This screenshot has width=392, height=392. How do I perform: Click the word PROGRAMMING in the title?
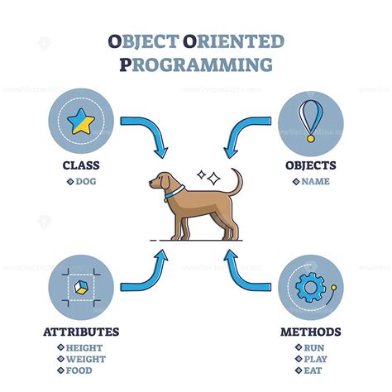pos(196,64)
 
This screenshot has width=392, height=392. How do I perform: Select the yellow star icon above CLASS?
pos(81,122)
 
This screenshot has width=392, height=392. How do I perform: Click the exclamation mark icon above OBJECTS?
pos(310,121)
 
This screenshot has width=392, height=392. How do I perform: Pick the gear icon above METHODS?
pos(309,287)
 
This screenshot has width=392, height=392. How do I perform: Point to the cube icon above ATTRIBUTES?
pos(80,286)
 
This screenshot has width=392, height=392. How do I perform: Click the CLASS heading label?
pos(81,165)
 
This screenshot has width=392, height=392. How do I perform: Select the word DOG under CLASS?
pos(85,180)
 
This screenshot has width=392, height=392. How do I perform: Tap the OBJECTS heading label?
pos(310,165)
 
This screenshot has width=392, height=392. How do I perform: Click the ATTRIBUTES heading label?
pos(81,332)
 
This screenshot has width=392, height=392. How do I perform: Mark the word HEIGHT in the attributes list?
pos(85,347)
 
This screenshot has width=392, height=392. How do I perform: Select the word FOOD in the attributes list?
pos(81,370)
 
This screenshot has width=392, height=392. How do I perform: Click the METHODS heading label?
pos(310,332)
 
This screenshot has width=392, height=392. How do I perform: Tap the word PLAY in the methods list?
pos(314,359)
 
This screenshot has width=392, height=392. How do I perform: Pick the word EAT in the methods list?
pos(313,370)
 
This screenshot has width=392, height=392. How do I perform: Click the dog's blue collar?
pos(174,194)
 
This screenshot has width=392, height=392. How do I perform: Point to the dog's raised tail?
pos(237,183)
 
